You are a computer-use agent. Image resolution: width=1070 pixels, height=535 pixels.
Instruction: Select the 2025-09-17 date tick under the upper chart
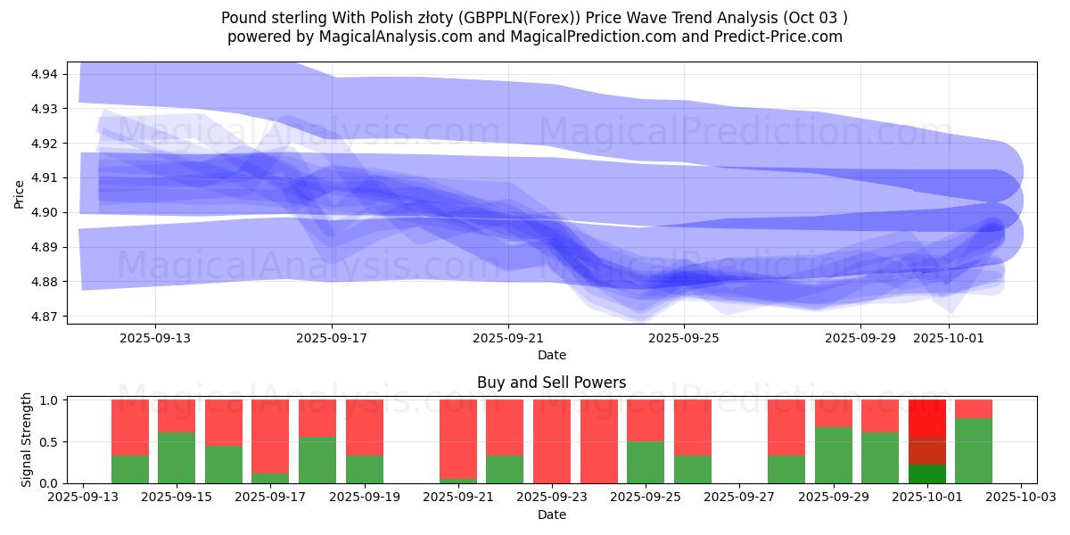pos(332,338)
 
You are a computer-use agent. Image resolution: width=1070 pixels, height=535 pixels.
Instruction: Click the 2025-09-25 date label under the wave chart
pos(684,338)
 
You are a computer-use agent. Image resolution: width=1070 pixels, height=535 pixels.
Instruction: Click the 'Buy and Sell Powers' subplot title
pos(551,383)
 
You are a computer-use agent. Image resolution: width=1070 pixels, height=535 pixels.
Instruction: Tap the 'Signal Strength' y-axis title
pos(27,439)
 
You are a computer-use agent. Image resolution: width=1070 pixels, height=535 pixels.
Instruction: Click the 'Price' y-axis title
pos(20,193)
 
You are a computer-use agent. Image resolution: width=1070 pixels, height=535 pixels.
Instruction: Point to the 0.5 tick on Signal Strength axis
pos(50,442)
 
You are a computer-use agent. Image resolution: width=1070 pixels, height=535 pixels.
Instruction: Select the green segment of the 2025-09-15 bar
pos(177,457)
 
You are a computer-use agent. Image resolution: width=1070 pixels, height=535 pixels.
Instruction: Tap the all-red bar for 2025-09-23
pos(552,441)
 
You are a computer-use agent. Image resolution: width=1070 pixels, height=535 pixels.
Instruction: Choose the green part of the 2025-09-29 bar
pos(834,455)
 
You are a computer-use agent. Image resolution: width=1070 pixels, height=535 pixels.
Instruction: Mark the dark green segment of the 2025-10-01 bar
pos(927,474)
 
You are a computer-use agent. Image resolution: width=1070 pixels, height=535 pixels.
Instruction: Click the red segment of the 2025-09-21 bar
pos(458,438)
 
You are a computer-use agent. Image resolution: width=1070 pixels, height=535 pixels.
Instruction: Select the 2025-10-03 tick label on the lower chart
pos(1022,498)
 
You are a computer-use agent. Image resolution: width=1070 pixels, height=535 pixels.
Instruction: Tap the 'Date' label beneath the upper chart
pos(551,355)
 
